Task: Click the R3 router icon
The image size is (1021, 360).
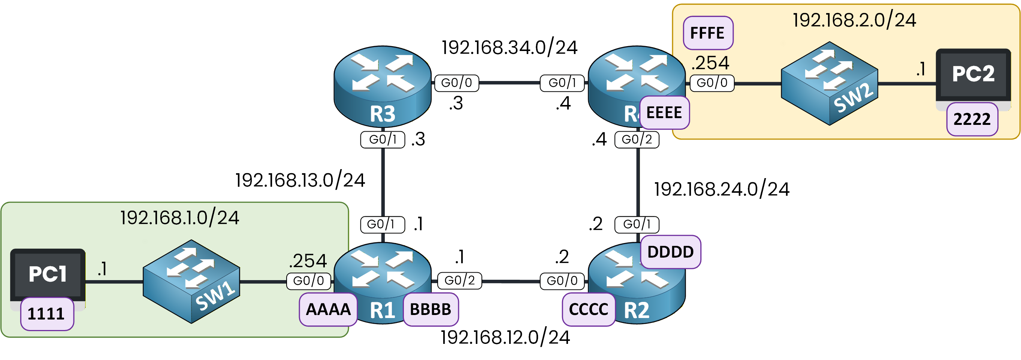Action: point(383,86)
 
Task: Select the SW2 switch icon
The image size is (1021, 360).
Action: point(829,84)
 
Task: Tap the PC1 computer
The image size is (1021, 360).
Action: point(48,274)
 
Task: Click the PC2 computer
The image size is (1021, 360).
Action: point(973,75)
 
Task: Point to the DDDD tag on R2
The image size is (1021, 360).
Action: point(670,252)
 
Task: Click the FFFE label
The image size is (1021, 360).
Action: point(708,33)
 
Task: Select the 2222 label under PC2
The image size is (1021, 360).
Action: point(972,119)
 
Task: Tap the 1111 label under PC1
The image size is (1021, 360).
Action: point(47,314)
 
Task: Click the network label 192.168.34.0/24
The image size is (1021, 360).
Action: point(509,48)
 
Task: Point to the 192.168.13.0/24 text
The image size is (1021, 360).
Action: point(300,180)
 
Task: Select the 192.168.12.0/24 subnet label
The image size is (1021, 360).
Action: point(505,337)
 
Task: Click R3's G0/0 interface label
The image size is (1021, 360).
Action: point(456,83)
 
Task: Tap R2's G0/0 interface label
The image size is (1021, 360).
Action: point(562,281)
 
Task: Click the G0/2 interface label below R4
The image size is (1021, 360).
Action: point(637,139)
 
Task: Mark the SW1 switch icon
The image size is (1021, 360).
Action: point(191,282)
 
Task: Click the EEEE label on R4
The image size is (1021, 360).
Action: point(664,113)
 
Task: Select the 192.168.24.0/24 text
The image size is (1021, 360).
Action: point(721,189)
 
